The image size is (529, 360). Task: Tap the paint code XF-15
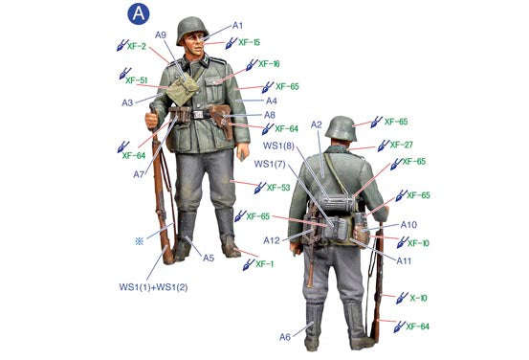coord(249,43)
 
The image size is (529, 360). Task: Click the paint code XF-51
coord(136,80)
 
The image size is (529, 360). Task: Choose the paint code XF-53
coord(278,188)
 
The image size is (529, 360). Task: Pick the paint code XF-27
coord(401,146)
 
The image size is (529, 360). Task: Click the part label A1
coord(238,26)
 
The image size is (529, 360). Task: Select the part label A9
coord(161,35)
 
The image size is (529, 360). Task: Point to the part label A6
coord(285,336)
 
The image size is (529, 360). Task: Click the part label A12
coord(272,240)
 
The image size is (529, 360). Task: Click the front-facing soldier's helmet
coord(191,28)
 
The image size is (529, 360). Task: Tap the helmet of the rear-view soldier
coord(341,127)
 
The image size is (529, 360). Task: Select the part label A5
coord(209,257)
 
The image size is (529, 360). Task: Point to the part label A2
coord(317,124)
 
